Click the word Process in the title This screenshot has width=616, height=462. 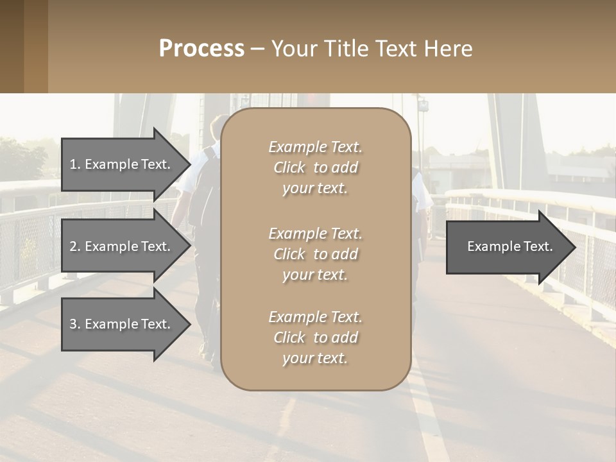point(201,49)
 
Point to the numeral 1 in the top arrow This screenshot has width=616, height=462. point(73,164)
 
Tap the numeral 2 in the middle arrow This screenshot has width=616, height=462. point(73,246)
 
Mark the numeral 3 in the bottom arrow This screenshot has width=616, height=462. point(73,324)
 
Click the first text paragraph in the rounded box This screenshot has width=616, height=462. point(315,167)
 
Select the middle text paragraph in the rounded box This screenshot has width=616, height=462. point(315,254)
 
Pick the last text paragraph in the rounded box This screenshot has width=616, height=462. point(315,338)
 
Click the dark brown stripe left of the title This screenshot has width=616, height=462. point(12,46)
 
